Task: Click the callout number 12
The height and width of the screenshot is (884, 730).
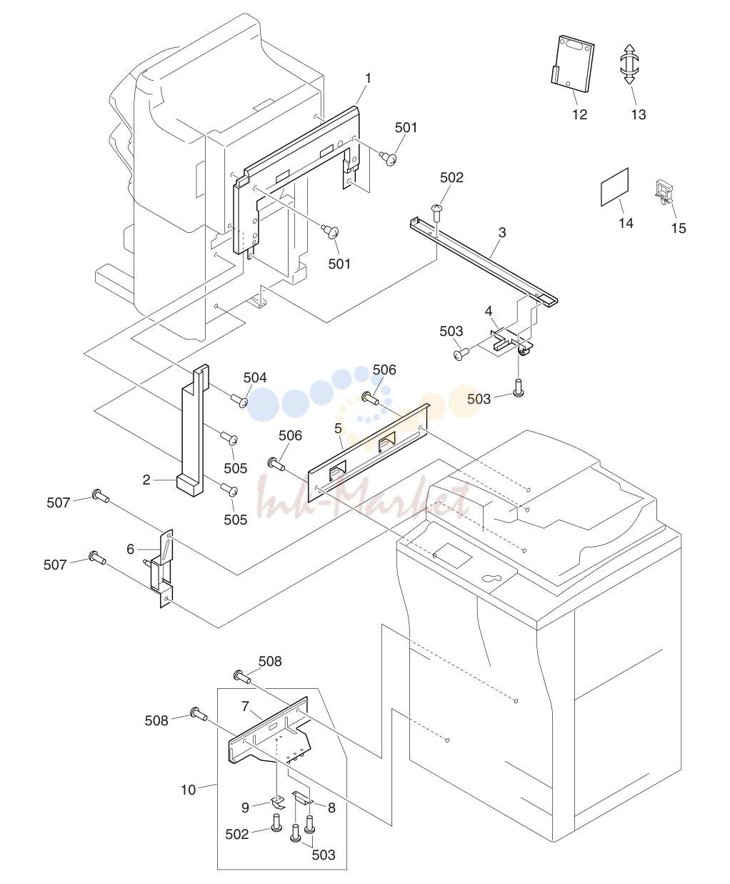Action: tap(579, 114)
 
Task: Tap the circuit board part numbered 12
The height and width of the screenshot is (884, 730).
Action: tap(573, 64)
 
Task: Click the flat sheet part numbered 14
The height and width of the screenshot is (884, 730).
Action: tap(614, 187)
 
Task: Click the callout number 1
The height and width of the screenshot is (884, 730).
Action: tap(368, 79)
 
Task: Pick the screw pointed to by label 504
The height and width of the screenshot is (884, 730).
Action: tap(239, 399)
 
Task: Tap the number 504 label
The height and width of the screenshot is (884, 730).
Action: tap(255, 377)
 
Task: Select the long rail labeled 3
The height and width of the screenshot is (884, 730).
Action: tap(484, 262)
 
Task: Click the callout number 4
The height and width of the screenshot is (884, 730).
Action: tap(489, 311)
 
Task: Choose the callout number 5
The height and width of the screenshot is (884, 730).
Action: tap(338, 429)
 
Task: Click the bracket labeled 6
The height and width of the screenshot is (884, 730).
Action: tap(162, 569)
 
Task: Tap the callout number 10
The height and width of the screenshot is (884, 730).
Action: tap(189, 790)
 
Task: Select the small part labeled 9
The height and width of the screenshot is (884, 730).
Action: tap(278, 803)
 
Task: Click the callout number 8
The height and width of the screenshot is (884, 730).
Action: tap(331, 808)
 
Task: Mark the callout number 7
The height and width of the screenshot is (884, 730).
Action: tap(245, 706)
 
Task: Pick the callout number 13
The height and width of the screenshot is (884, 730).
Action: tap(639, 114)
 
